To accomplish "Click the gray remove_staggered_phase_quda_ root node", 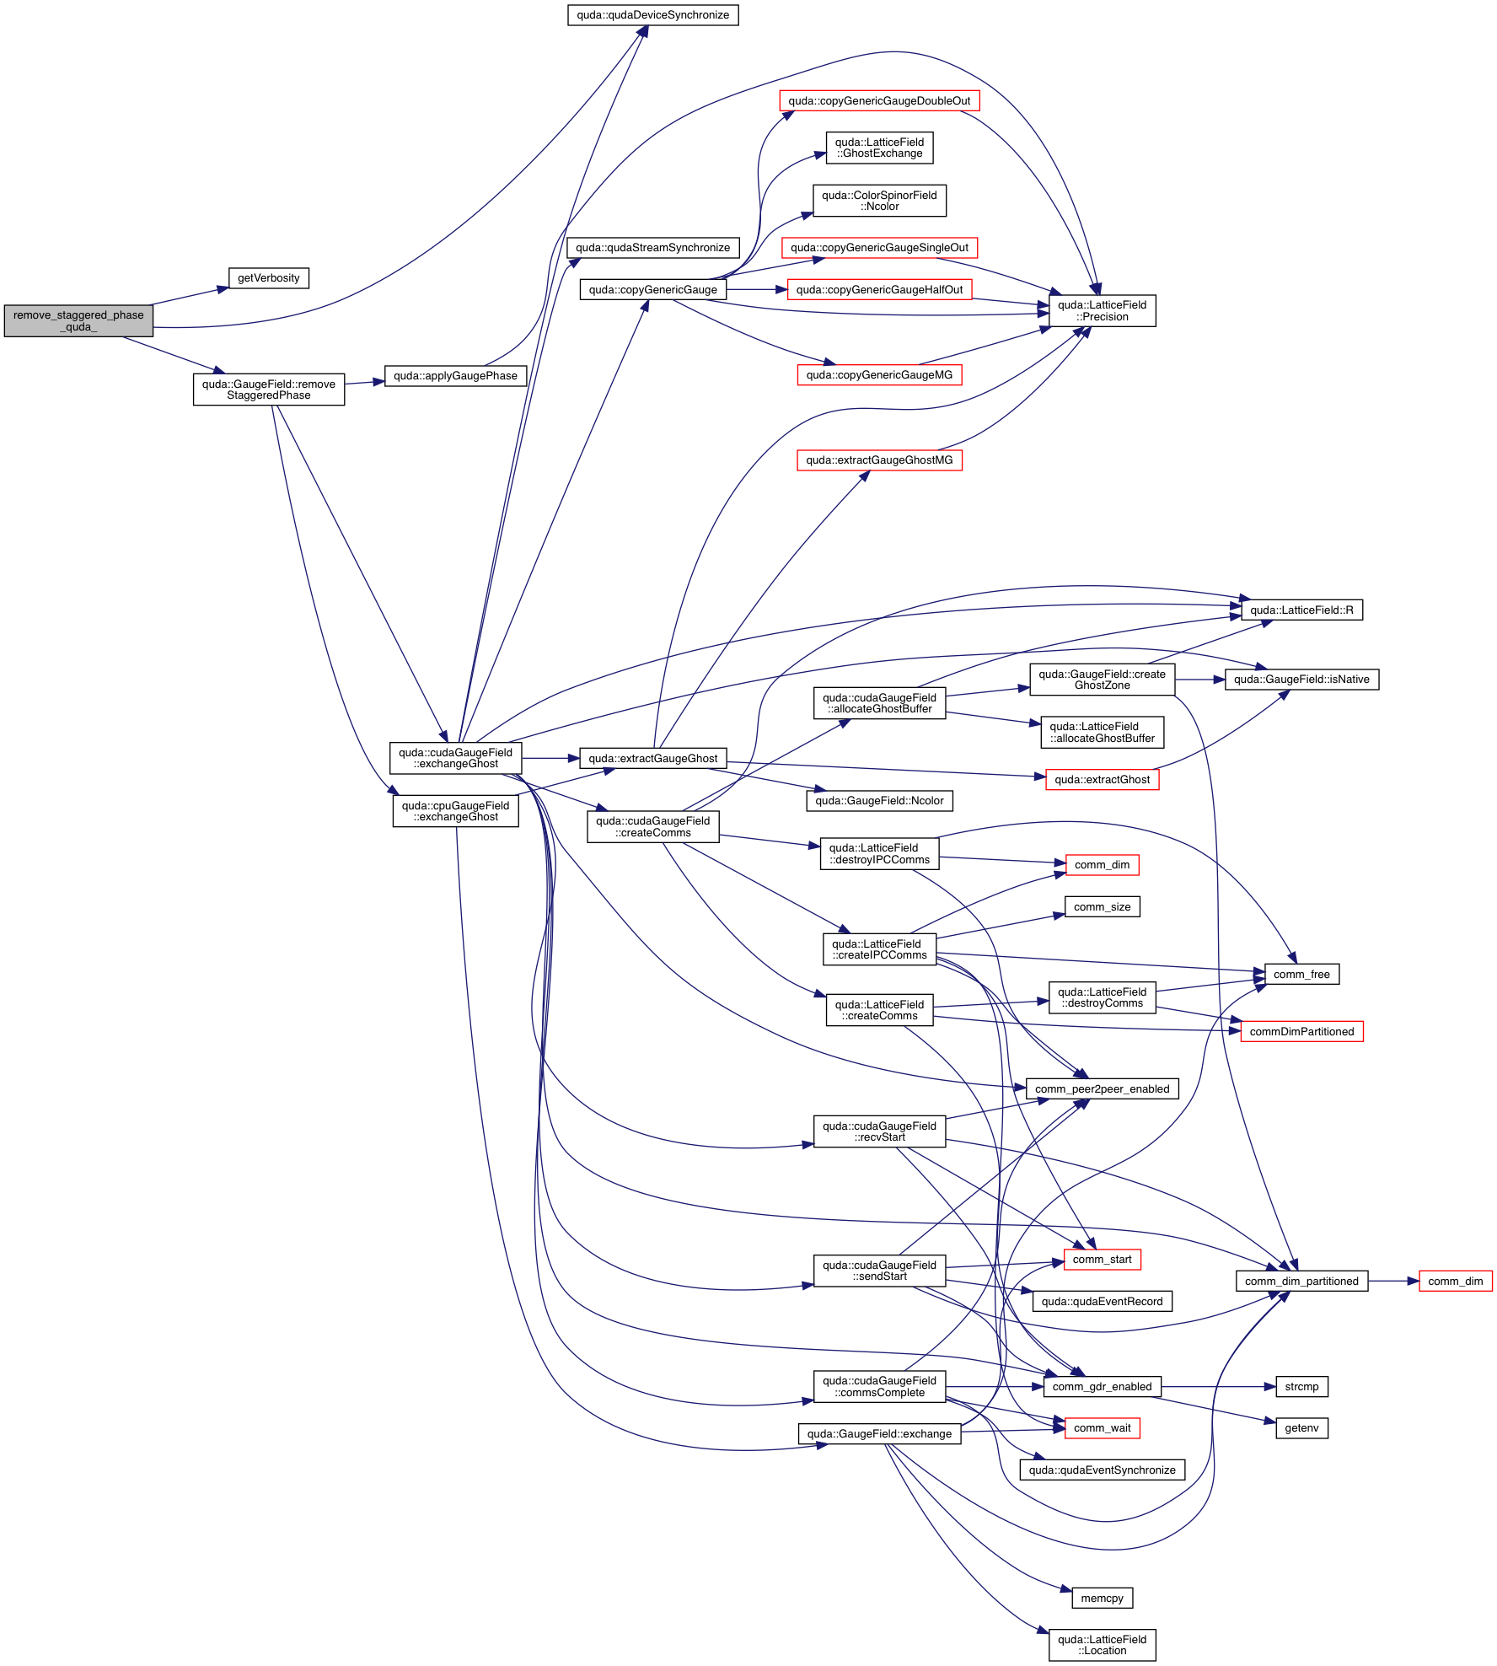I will [x=78, y=321].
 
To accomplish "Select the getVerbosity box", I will [x=268, y=278].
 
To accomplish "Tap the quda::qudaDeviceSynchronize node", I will [x=652, y=15].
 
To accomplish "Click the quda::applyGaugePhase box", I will [x=455, y=376].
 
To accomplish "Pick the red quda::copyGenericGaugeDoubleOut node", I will [x=879, y=101].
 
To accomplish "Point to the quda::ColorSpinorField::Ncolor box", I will [x=879, y=201].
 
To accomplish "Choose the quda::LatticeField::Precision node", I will [x=1102, y=311].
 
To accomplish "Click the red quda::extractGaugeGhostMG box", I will [x=879, y=460].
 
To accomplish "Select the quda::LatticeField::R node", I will [x=1301, y=610].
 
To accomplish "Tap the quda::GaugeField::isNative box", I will [x=1301, y=680].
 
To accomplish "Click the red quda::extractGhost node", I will [x=1102, y=780].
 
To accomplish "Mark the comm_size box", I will [x=1102, y=907].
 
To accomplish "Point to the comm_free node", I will [x=1301, y=975].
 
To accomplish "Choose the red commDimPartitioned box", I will [x=1301, y=1032].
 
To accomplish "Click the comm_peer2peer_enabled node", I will [x=1102, y=1089].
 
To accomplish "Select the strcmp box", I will [x=1301, y=1387].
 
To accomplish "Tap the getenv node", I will [x=1301, y=1428].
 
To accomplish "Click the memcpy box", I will [x=1102, y=1599].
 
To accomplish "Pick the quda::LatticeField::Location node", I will [x=1102, y=1645].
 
